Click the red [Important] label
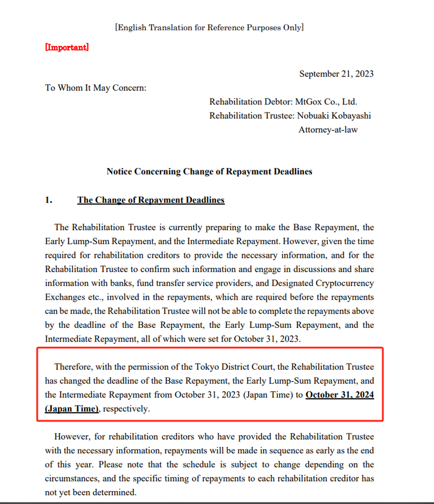(67, 47)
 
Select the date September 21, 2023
(336, 74)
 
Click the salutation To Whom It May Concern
(95, 88)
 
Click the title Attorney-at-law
(328, 130)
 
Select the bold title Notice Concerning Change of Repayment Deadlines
(209, 172)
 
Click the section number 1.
(49, 200)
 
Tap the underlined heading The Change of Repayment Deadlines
(151, 200)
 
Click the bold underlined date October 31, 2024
(340, 395)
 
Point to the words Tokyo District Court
(229, 367)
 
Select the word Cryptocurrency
(343, 283)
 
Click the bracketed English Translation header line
(209, 28)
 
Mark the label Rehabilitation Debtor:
(251, 102)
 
